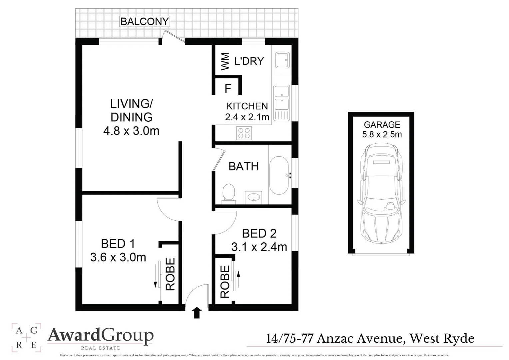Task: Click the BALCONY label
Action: (x=145, y=22)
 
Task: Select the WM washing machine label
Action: (x=225, y=61)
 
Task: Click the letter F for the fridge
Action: (x=228, y=89)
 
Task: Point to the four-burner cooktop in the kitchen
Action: (x=244, y=133)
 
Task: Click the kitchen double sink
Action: (x=282, y=98)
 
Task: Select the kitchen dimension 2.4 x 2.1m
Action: (x=247, y=117)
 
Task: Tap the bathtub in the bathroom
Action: (x=279, y=175)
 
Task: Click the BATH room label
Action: (x=244, y=166)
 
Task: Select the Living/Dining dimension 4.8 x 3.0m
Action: (x=131, y=131)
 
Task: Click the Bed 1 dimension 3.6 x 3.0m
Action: (x=118, y=257)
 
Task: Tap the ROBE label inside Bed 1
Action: (x=170, y=274)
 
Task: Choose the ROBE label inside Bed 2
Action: (x=225, y=282)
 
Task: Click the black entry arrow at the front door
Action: (x=197, y=313)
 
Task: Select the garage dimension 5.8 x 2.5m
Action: (x=382, y=134)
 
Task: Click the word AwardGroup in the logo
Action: (x=100, y=335)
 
